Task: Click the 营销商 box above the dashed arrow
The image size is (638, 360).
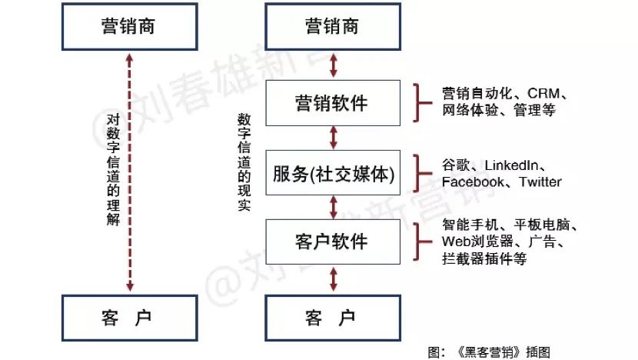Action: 128,26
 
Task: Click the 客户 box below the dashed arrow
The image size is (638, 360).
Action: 128,318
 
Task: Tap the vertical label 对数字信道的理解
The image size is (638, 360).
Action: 113,169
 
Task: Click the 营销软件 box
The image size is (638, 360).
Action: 332,102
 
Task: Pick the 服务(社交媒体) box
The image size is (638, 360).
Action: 332,174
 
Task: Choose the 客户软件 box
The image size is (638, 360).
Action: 332,241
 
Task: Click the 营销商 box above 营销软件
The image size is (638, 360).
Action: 332,26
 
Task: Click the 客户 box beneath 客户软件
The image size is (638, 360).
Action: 332,318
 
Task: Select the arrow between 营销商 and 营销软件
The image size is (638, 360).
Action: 333,65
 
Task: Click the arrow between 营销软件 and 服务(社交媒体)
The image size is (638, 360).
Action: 333,138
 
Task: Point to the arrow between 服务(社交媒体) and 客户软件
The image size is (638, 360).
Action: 333,207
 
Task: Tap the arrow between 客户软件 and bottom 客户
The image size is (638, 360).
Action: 333,277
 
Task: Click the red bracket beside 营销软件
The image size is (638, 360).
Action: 420,102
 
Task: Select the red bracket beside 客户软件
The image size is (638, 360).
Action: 420,240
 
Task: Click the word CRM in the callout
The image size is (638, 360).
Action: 543,94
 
